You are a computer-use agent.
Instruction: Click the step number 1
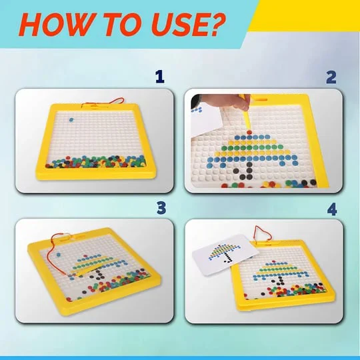[159, 77]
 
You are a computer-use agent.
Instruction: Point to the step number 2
[331, 77]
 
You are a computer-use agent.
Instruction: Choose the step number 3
[160, 207]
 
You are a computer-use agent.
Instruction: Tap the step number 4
[332, 207]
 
